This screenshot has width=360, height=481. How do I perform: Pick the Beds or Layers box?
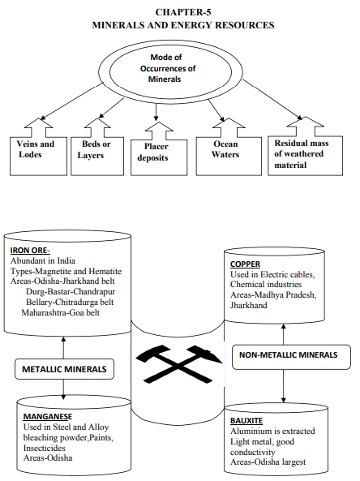coord(95,149)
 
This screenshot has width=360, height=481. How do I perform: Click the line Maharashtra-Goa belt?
coord(62,311)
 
